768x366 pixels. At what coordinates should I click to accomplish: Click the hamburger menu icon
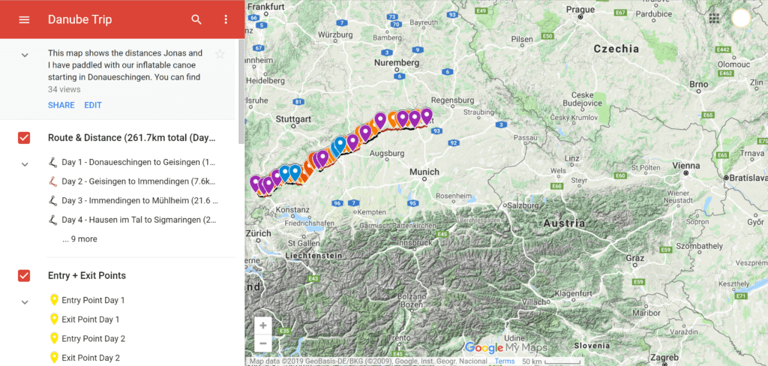24,19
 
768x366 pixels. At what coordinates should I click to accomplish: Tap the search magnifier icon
196,19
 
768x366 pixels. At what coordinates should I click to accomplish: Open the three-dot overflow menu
226,19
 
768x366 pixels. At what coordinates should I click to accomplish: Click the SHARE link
61,106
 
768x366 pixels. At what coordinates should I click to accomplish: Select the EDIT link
93,106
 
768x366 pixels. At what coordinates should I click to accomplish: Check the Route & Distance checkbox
24,138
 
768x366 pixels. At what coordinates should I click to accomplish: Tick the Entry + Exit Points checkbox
24,276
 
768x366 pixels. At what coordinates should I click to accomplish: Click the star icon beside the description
220,54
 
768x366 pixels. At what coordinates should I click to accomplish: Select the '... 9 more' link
79,239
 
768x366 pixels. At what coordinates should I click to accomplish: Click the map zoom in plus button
262,325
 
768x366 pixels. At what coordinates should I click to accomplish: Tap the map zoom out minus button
262,344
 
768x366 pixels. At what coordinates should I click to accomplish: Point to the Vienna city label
666,165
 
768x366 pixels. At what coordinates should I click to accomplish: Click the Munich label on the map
424,172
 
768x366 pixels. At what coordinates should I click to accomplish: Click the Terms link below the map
505,361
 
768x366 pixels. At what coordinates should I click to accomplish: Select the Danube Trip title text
79,19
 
